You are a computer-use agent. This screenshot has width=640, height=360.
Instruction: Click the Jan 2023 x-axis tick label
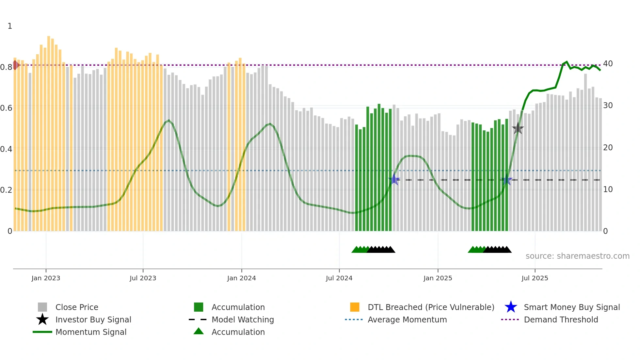click(x=46, y=278)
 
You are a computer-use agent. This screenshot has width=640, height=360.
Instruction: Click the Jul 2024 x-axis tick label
click(x=339, y=278)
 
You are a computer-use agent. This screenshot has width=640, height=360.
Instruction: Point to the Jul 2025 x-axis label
click(x=535, y=278)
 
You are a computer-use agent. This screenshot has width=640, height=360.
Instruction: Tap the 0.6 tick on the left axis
click(x=6, y=108)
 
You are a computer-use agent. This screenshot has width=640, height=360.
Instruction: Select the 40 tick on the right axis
click(x=608, y=64)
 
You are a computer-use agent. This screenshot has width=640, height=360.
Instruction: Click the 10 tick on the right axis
click(x=608, y=189)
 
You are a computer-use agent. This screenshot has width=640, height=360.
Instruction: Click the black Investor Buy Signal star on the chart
click(x=518, y=129)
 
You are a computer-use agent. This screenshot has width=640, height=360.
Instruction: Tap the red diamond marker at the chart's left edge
click(x=15, y=65)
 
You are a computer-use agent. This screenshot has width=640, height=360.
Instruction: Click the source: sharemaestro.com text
click(x=577, y=256)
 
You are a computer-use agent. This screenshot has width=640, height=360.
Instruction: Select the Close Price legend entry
click(x=77, y=307)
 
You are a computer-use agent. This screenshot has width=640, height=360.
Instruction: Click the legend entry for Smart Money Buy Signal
click(x=571, y=307)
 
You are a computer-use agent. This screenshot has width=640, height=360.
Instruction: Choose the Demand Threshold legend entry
click(x=561, y=320)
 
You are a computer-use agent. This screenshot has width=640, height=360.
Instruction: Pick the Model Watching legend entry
click(x=243, y=320)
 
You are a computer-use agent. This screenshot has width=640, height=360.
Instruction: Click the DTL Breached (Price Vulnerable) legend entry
click(x=431, y=307)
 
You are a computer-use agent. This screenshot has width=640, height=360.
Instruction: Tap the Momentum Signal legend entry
click(x=91, y=332)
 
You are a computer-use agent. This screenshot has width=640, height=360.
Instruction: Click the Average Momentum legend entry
click(x=407, y=320)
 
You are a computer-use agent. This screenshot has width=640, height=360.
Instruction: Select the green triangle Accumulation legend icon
click(x=199, y=331)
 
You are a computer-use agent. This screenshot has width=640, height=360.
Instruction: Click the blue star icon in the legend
click(x=511, y=307)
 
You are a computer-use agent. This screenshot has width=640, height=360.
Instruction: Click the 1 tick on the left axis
click(x=10, y=26)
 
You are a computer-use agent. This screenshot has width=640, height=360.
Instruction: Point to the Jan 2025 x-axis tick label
click(x=438, y=278)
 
